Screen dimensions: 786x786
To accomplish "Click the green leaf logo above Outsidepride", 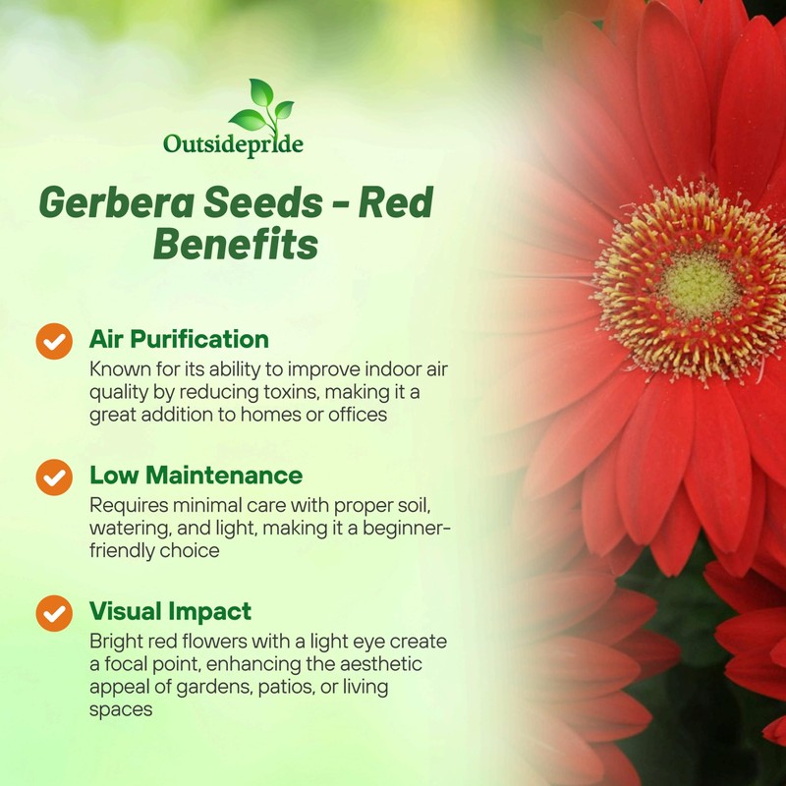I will click(260, 105).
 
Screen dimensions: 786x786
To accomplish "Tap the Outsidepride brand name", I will click(233, 145).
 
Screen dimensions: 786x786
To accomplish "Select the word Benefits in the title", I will click(235, 245).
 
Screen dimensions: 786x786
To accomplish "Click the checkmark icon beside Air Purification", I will click(54, 340).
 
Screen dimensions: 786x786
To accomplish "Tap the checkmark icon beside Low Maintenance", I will click(54, 477).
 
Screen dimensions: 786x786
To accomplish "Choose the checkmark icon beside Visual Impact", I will click(54, 612).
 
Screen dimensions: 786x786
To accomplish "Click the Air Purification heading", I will click(179, 340).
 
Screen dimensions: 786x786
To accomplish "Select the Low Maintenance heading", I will click(196, 476).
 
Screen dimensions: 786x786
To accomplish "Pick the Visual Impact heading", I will click(170, 611).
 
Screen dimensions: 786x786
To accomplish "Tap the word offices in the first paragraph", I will click(356, 415).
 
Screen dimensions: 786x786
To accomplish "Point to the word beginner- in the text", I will click(405, 529).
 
